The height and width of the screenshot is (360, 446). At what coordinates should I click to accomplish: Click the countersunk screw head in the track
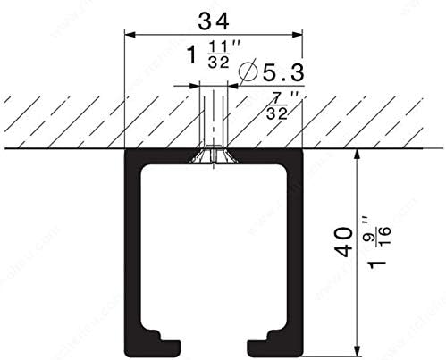tap(213, 157)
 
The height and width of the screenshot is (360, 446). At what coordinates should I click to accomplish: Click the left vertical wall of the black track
tap(130, 250)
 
